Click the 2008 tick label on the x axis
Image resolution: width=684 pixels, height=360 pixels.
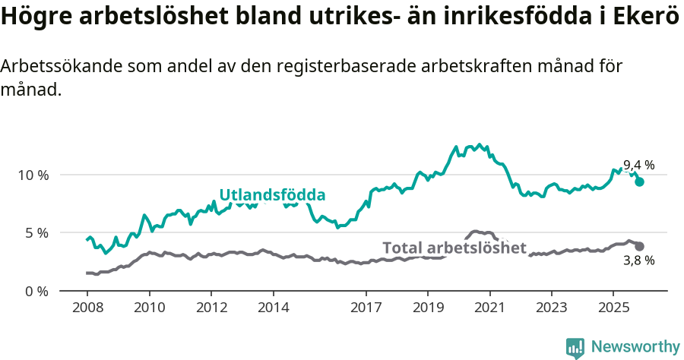[87, 309]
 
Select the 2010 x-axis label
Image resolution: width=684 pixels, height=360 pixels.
[149, 309]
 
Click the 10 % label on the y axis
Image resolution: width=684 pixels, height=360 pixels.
[33, 175]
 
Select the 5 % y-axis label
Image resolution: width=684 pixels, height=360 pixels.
[36, 232]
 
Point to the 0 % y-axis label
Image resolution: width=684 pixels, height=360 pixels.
[36, 291]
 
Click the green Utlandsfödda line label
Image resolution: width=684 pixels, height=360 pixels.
[272, 195]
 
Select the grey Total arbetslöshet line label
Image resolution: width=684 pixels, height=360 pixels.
[454, 248]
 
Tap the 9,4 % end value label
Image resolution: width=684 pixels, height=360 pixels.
[639, 166]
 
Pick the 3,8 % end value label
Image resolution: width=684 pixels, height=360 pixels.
[639, 261]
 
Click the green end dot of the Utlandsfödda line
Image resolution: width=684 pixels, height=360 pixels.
[640, 182]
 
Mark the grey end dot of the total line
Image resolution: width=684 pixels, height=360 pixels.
[639, 246]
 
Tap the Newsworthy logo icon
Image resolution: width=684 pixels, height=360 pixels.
[575, 348]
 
